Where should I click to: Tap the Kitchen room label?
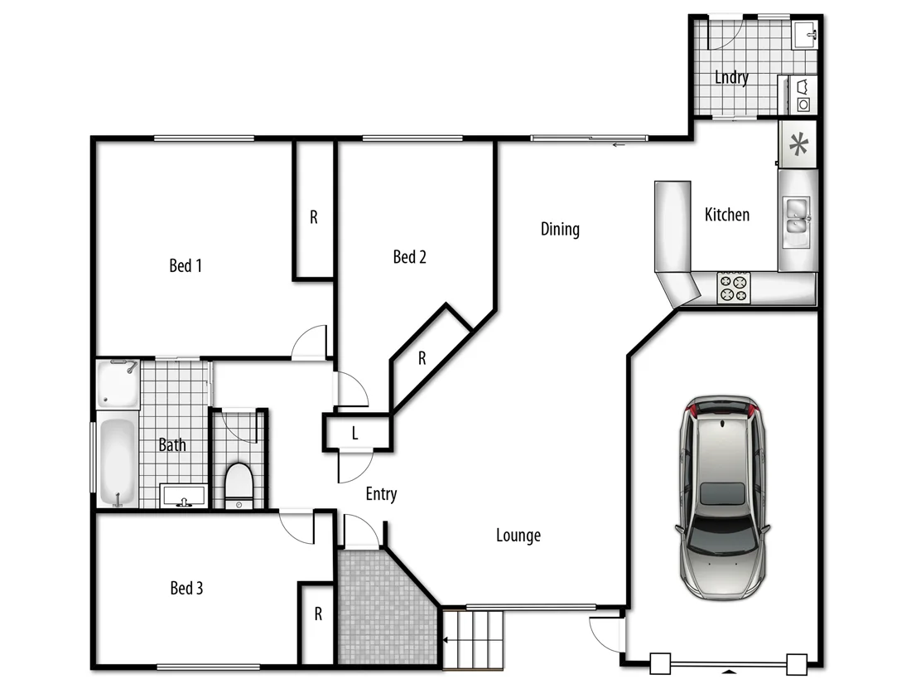point(726,215)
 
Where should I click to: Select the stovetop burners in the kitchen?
point(733,287)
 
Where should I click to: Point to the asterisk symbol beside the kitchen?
point(798,146)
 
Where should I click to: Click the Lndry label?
point(731,78)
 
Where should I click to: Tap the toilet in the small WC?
point(239,483)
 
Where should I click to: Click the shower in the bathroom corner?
point(117,384)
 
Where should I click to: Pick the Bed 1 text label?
point(186,265)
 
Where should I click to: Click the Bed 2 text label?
point(409,257)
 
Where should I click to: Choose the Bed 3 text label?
point(186,588)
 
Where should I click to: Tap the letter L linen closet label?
point(355,433)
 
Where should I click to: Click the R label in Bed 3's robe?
point(317,614)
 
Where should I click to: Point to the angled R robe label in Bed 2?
point(422,358)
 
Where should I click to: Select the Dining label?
point(560,229)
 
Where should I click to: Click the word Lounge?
point(518,535)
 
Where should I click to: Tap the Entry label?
point(381,494)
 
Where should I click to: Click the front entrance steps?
point(474,639)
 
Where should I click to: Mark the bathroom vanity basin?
point(183,497)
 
